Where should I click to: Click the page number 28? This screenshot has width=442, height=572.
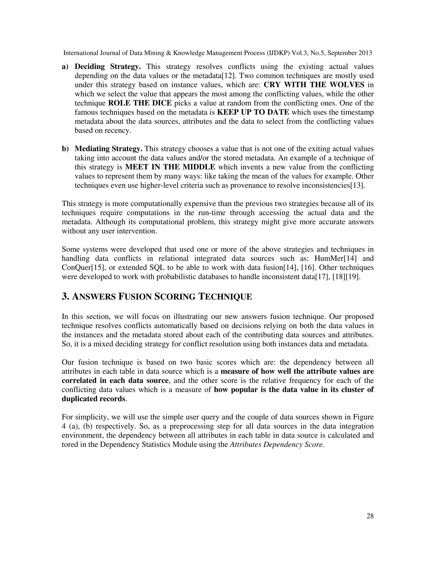coord(370,516)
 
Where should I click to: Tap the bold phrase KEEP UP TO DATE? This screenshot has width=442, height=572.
coord(253,112)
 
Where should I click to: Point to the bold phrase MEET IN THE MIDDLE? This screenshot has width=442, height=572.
coord(170,167)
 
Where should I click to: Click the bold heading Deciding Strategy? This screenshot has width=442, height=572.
coord(108,66)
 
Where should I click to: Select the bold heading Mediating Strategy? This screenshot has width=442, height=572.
coord(108,149)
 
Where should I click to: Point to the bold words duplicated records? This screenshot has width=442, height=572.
coord(93,399)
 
